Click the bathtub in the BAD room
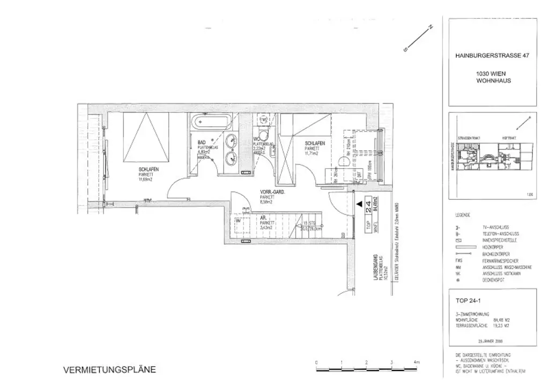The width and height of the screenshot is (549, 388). [210, 121]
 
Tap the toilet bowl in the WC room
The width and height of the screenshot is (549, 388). [262, 132]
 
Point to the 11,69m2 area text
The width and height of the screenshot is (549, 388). [146, 180]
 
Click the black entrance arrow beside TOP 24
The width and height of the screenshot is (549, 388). [358, 204]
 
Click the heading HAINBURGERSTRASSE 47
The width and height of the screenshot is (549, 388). [492, 54]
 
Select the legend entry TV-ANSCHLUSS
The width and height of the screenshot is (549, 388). [496, 228]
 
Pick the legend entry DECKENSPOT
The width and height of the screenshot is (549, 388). [495, 280]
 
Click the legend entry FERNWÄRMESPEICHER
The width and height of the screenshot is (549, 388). [499, 260]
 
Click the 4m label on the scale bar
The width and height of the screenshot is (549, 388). [416, 363]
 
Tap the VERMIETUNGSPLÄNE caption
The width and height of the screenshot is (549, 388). [110, 370]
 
